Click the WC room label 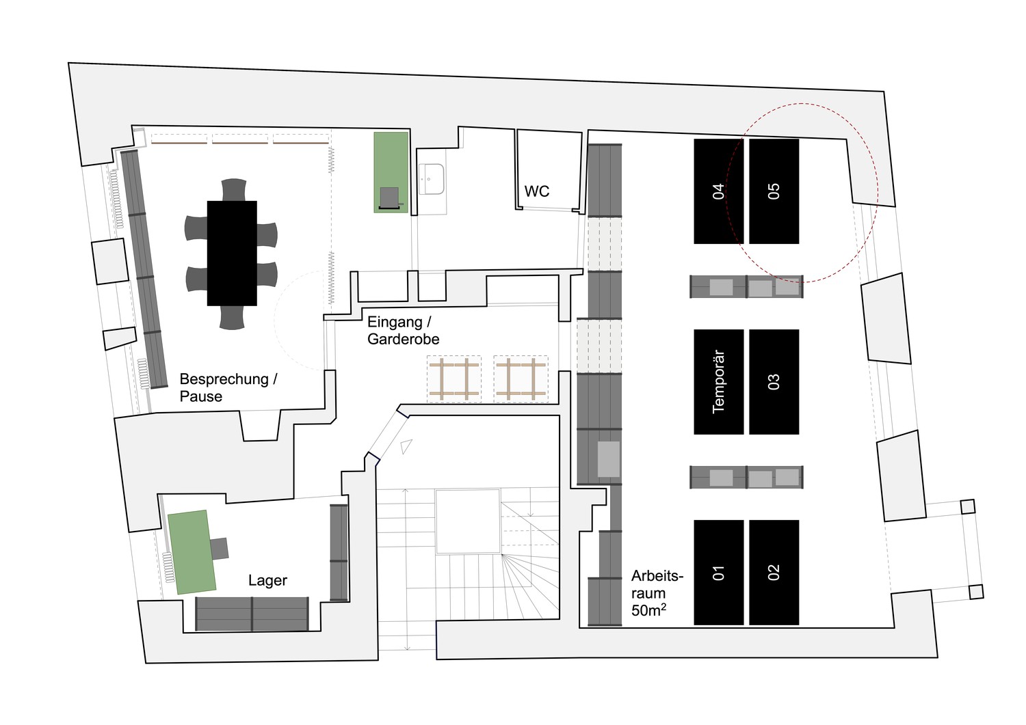tap(536, 191)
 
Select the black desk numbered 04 tap(719, 191)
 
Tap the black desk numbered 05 tap(774, 191)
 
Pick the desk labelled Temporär tap(719, 382)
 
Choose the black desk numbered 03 tap(774, 382)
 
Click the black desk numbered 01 tap(719, 572)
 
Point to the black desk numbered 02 tap(774, 572)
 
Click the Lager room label tap(267, 580)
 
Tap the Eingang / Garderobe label tap(403, 331)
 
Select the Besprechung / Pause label tap(228, 387)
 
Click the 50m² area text tap(648, 610)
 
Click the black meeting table tap(232, 253)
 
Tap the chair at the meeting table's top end tap(234, 189)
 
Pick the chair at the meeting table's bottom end tap(233, 317)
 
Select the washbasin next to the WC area tap(432, 179)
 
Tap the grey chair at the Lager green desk tap(219, 548)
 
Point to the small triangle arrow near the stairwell tap(406, 446)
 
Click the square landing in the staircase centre tap(468, 521)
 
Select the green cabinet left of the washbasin tap(391, 172)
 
